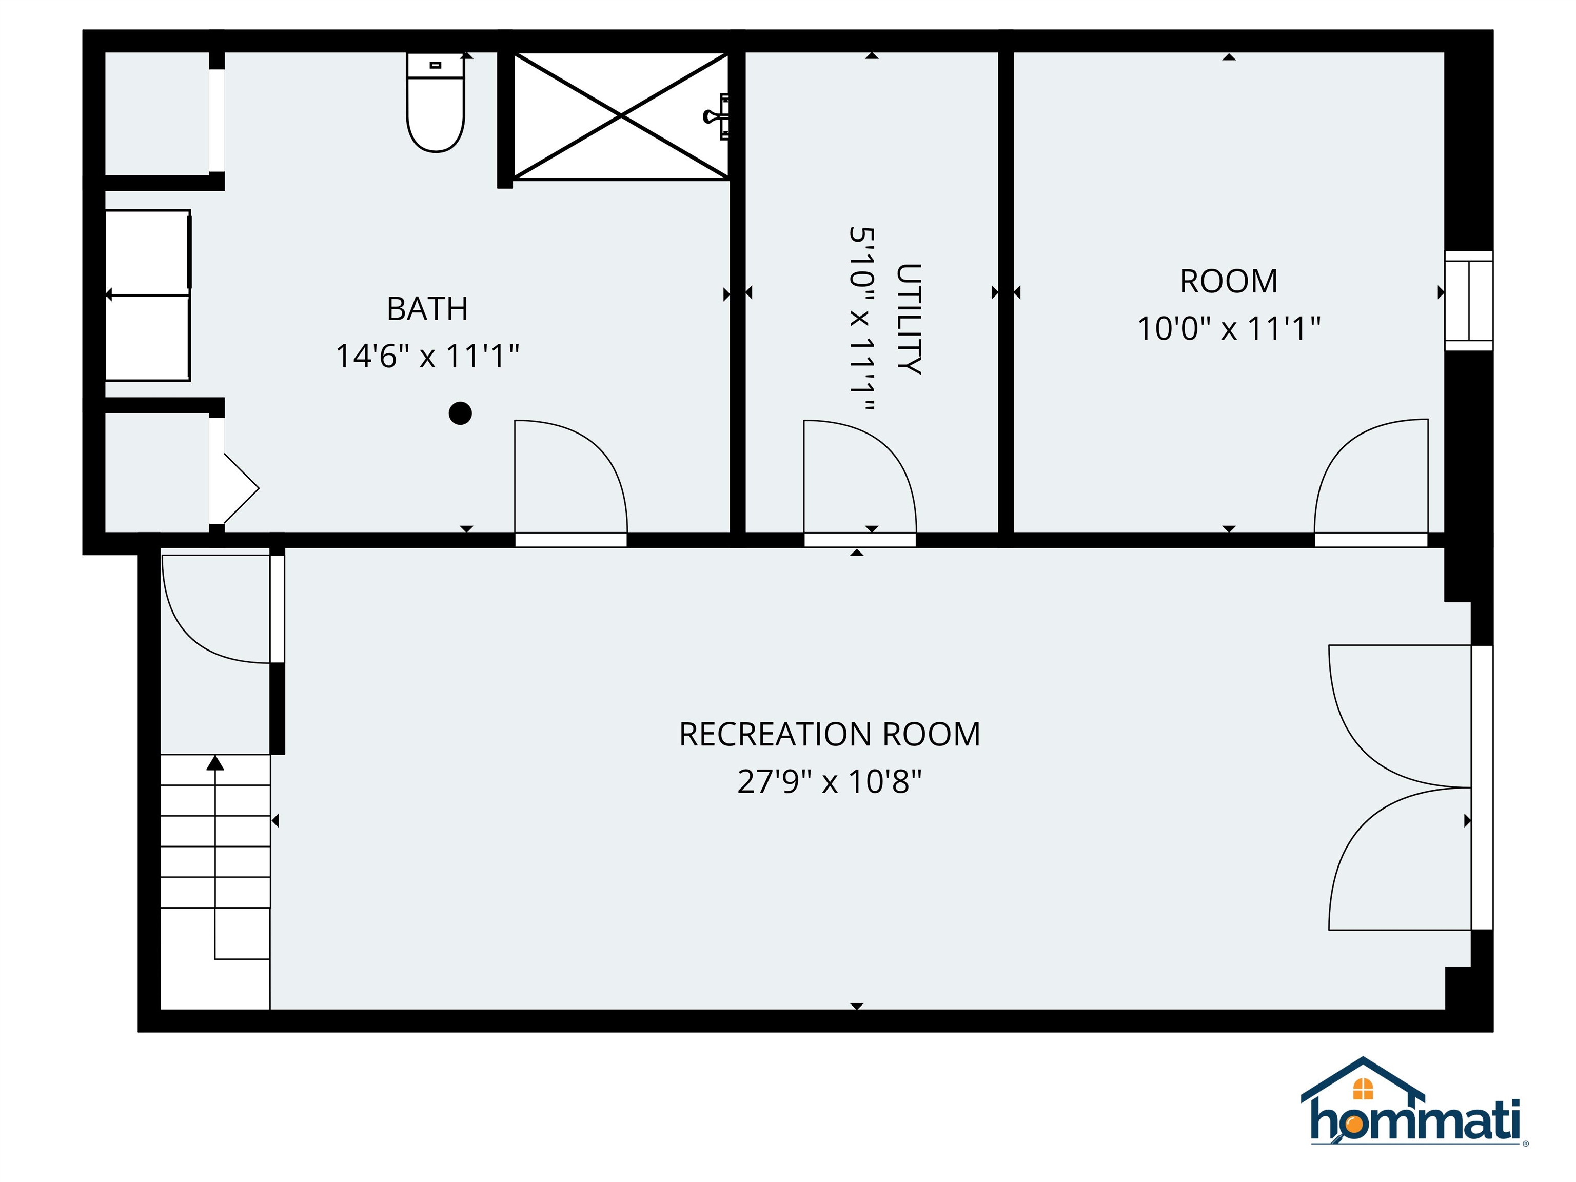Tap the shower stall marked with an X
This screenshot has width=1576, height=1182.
(621, 116)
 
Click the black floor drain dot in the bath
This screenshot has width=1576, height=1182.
(460, 413)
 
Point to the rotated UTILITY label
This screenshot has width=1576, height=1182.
(909, 319)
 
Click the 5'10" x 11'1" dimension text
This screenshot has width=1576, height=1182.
(861, 319)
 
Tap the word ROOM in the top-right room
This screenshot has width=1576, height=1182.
(1228, 282)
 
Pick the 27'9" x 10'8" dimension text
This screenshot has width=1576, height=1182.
(830, 782)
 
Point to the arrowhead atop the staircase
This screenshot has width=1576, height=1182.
(215, 763)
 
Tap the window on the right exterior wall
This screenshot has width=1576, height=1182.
(1468, 300)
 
